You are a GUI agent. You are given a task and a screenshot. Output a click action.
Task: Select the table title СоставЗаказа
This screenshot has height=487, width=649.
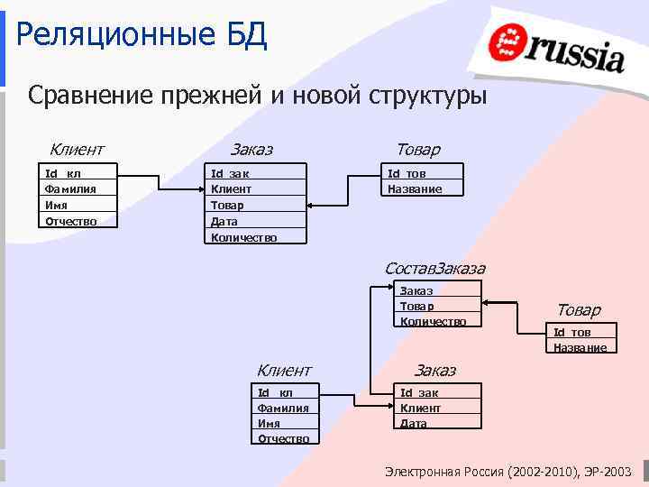coord(434,268)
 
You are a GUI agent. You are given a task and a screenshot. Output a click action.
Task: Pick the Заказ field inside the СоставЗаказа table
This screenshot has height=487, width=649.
coord(416,290)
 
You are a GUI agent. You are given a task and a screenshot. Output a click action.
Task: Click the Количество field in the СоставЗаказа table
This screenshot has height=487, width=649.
coord(434,321)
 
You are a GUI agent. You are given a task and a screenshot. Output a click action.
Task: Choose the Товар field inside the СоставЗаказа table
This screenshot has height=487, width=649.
coord(416,306)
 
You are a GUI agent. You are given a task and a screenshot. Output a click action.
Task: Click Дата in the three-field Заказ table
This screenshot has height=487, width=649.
coord(414,423)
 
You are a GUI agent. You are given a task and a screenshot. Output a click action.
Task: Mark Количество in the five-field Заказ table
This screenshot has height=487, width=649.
coord(243,237)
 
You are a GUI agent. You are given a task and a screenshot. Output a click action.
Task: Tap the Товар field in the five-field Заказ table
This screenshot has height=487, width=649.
coord(227,205)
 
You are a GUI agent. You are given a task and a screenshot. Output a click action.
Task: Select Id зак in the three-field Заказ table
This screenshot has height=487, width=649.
coord(419,392)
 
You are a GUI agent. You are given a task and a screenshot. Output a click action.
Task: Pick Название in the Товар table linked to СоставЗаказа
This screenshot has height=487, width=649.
coord(580,347)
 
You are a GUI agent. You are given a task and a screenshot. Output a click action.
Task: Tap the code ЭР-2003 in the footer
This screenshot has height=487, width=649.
coord(612,472)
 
